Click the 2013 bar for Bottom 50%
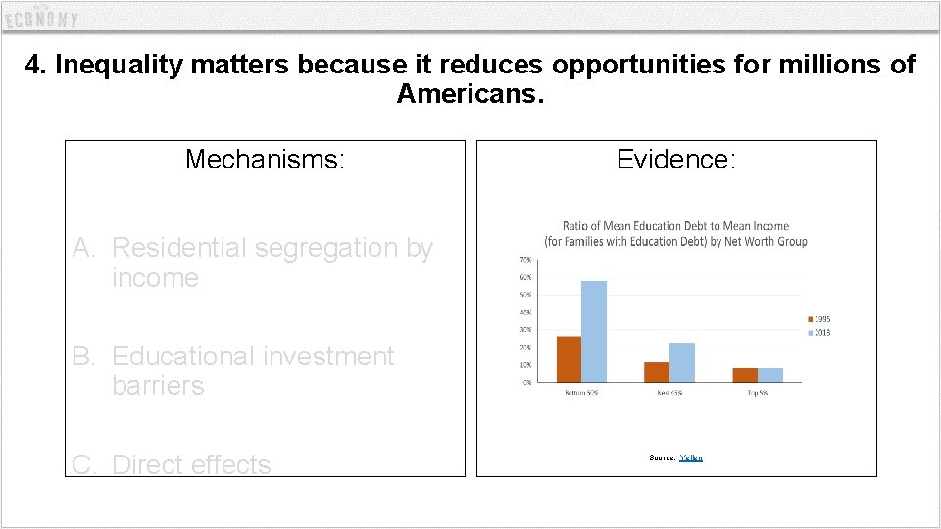pyautogui.click(x=594, y=331)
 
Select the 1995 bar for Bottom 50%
pyautogui.click(x=569, y=359)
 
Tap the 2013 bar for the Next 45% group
pyautogui.click(x=681, y=362)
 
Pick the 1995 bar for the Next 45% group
pyautogui.click(x=657, y=372)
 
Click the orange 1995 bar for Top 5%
pyautogui.click(x=745, y=375)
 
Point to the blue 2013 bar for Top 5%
pyautogui.click(x=770, y=375)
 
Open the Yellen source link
pyautogui.click(x=691, y=458)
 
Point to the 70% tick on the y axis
pyautogui.click(x=525, y=260)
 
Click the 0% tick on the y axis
pyautogui.click(x=527, y=382)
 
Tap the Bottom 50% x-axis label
pyautogui.click(x=580, y=392)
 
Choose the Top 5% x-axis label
pyautogui.click(x=758, y=392)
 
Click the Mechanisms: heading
pyautogui.click(x=265, y=159)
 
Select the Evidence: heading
pyautogui.click(x=675, y=159)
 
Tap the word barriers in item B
pyautogui.click(x=158, y=386)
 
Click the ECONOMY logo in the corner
pyautogui.click(x=41, y=18)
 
